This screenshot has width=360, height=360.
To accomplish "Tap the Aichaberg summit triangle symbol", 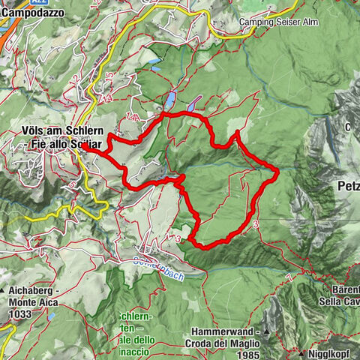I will tap(4, 289).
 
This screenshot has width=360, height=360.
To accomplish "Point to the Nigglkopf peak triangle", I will tap(302, 352).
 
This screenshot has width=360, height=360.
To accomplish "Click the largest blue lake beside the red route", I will tap(172, 99).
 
